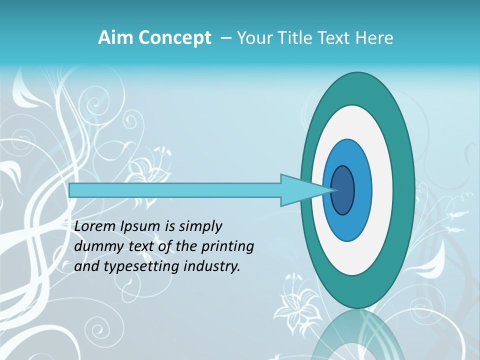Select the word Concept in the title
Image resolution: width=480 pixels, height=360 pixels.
point(175,38)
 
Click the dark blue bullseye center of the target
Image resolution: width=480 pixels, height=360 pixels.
point(343,190)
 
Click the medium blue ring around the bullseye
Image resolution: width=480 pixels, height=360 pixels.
point(362,190)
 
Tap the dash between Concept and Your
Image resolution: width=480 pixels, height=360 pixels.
point(225,38)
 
